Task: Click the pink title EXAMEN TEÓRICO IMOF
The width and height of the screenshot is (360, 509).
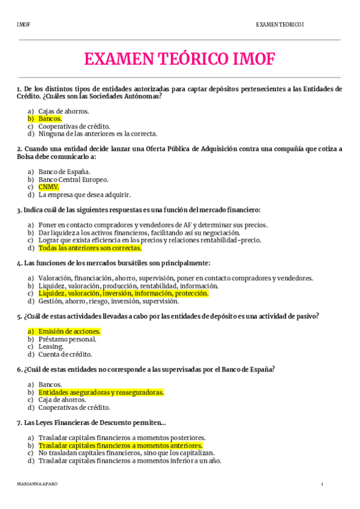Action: click(x=179, y=59)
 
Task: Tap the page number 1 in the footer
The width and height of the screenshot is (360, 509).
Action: click(x=322, y=484)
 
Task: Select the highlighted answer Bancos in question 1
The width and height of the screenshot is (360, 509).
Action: click(x=50, y=119)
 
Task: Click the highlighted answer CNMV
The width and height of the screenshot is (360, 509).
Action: click(x=49, y=187)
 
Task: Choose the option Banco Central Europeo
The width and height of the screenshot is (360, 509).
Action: click(x=73, y=179)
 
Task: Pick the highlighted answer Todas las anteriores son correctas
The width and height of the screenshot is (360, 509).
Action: click(x=90, y=248)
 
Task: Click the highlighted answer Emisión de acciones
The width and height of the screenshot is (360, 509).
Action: click(x=69, y=331)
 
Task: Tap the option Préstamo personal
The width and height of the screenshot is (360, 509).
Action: click(x=67, y=339)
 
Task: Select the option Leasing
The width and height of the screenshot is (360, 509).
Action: click(x=51, y=347)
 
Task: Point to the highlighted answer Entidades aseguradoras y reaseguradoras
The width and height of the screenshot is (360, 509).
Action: click(x=101, y=393)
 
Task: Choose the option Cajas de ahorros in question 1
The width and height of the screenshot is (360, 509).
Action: click(x=64, y=111)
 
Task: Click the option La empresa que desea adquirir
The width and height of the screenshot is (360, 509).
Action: click(x=84, y=194)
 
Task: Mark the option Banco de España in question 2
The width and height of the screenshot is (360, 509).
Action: click(x=64, y=172)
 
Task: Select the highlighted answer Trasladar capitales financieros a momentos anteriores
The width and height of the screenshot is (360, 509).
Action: click(x=120, y=446)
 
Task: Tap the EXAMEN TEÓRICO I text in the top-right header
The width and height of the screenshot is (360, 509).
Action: click(x=280, y=25)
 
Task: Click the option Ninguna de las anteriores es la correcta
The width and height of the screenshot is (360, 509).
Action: click(x=98, y=134)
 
